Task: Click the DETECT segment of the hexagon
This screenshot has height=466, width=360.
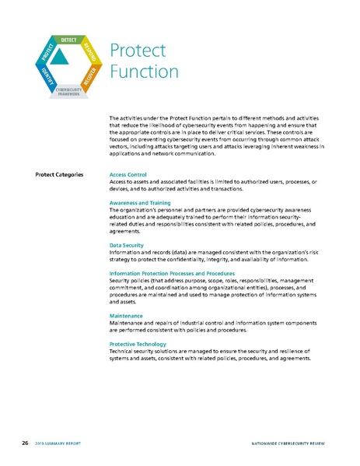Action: coord(68,40)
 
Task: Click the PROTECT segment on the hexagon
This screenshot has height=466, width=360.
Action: coord(47,51)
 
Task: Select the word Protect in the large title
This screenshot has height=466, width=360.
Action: coord(137,51)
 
